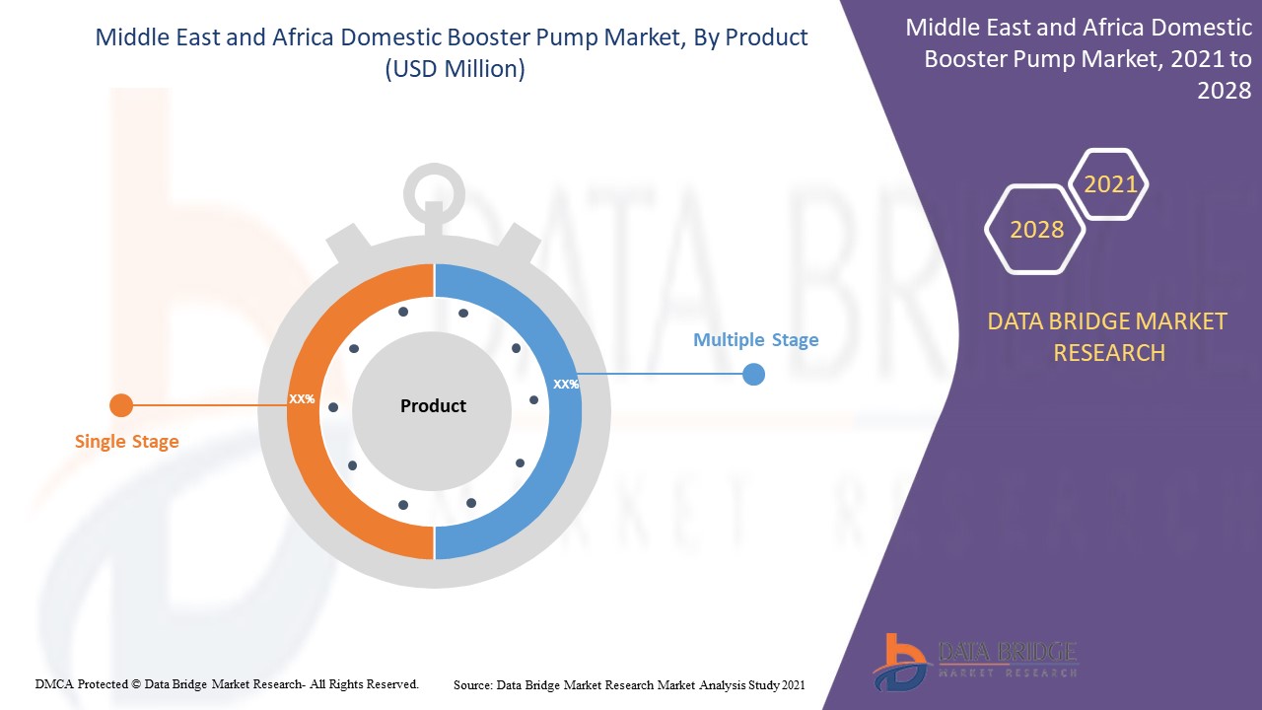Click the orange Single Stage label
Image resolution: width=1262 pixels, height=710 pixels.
pyautogui.click(x=127, y=441)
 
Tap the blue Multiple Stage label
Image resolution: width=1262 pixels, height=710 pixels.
pyautogui.click(x=755, y=340)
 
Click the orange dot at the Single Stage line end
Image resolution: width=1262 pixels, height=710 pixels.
pyautogui.click(x=120, y=405)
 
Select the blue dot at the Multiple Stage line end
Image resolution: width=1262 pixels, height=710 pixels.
pyautogui.click(x=753, y=374)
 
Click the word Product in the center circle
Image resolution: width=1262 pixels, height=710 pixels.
pyautogui.click(x=433, y=405)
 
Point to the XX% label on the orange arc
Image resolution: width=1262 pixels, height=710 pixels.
pyautogui.click(x=302, y=399)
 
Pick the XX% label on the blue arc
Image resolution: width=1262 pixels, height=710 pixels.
pyautogui.click(x=566, y=385)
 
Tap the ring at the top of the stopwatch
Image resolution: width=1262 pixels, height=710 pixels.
pyautogui.click(x=434, y=187)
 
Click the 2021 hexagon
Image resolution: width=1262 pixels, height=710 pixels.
pyautogui.click(x=1110, y=184)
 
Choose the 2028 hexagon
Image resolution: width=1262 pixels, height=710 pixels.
pyautogui.click(x=1036, y=230)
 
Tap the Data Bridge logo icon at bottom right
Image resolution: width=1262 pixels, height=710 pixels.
pyautogui.click(x=899, y=660)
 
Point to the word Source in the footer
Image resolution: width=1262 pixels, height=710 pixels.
pyautogui.click(x=473, y=684)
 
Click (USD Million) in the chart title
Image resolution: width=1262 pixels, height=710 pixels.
pyautogui.click(x=452, y=69)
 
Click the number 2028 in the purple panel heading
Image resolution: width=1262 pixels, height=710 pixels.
pyautogui.click(x=1224, y=91)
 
